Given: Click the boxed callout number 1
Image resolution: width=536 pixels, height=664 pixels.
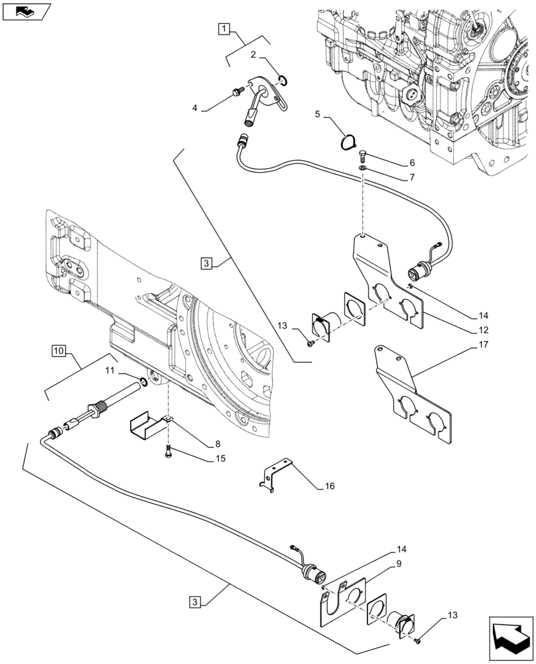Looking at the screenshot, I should click(x=225, y=29).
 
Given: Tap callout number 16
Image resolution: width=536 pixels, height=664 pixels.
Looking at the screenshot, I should click(x=329, y=486).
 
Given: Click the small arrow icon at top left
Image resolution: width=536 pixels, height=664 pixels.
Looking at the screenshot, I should click(x=26, y=11).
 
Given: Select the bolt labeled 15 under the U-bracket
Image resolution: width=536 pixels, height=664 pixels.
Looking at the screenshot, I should click(x=169, y=453).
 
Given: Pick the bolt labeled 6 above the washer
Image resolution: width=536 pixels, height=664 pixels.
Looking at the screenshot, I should click(x=362, y=157).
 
